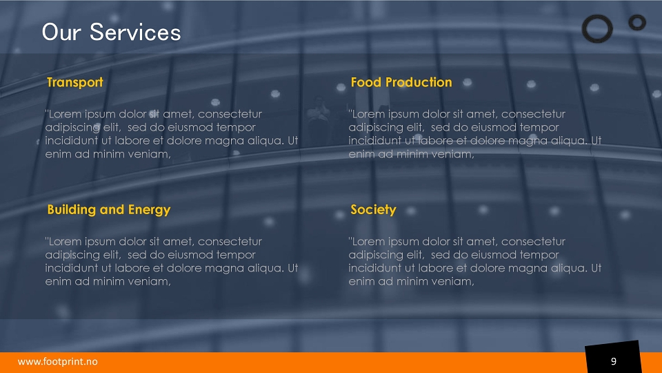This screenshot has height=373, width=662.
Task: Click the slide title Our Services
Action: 112,32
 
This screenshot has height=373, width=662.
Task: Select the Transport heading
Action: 75,82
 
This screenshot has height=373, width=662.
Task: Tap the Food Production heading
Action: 401,82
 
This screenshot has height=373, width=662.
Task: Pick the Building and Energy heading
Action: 109,210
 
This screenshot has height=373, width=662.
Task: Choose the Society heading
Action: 373,210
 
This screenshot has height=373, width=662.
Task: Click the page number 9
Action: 614,361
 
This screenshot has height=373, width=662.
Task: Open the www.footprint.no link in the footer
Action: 58,361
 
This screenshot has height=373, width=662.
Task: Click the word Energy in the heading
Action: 149,210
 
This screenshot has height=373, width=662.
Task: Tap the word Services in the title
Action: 135,32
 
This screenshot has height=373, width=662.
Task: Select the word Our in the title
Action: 61,32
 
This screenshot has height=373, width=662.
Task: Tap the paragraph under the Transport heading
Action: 172,134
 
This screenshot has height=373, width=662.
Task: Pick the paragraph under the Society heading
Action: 475,261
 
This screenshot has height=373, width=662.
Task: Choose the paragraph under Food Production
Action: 475,134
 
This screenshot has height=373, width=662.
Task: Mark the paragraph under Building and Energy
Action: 172,261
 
